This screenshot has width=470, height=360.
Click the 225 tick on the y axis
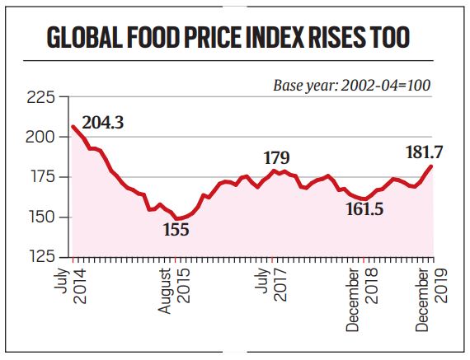[41, 98]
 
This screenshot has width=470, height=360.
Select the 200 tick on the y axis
[41, 138]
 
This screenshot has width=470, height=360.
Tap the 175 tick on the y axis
[41, 177]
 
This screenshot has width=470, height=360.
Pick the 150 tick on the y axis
[41, 217]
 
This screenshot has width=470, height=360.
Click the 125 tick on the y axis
[41, 257]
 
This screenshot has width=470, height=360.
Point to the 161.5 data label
[364, 210]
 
